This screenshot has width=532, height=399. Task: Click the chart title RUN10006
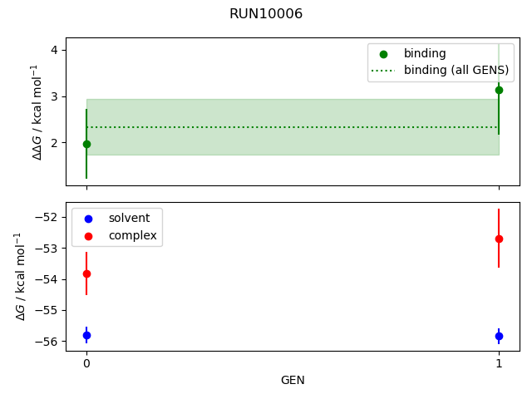point(266,14)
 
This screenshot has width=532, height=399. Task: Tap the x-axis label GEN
point(292,380)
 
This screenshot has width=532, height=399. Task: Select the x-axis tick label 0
point(86,363)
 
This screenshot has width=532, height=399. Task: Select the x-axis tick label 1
point(499,363)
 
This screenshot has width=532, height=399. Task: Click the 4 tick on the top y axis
point(54,50)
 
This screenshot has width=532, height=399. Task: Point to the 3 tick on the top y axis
point(54,96)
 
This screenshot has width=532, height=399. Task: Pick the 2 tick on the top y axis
point(54,143)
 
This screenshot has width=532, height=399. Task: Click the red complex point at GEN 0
point(86,273)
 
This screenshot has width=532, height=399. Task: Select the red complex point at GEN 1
point(499,239)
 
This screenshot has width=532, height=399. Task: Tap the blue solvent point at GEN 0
point(86,336)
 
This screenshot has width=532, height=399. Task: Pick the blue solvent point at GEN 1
point(499,337)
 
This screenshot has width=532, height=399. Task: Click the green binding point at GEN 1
point(499,90)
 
